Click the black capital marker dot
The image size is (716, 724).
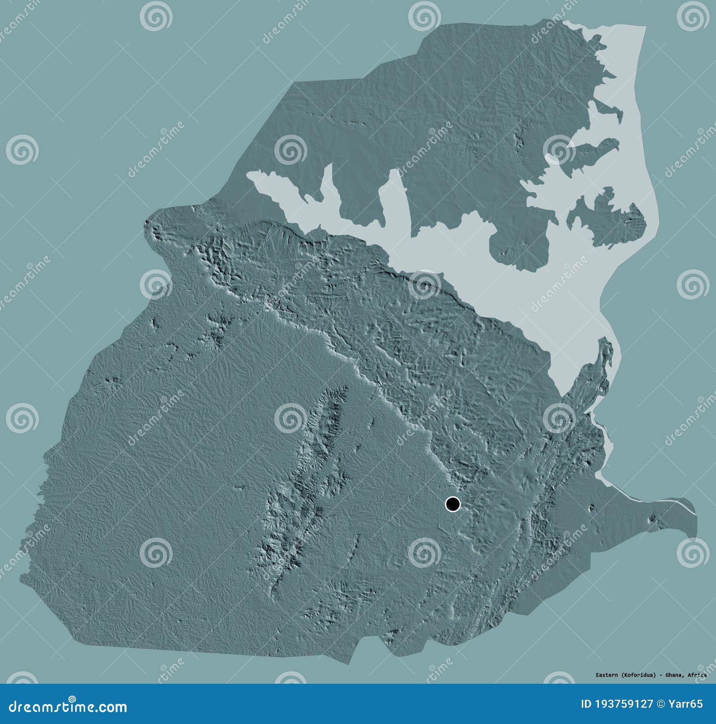pos(453,504)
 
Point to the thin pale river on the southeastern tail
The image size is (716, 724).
pos(671,502)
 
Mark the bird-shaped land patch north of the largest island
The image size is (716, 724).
pos(591,152)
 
